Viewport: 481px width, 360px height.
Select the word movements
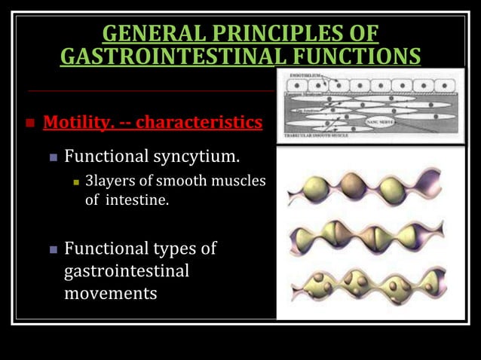(111, 293)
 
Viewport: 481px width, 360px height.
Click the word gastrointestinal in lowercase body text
(126, 270)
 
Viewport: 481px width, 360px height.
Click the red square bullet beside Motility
(30, 123)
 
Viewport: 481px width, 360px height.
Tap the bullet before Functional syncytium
(53, 158)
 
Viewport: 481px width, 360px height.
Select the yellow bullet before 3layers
(76, 182)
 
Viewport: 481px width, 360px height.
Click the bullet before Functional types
(53, 249)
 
